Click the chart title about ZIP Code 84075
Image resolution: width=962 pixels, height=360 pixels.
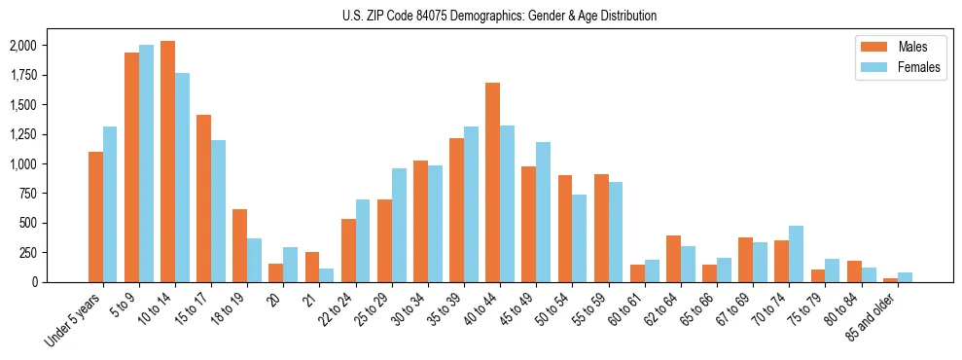pos(499,16)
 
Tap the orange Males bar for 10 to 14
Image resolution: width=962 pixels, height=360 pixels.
pos(167,162)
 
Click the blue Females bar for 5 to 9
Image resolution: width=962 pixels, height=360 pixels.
pos(146,163)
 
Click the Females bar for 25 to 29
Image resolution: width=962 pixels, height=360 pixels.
pos(399,226)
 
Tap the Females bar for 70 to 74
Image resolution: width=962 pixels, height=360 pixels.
pos(797,254)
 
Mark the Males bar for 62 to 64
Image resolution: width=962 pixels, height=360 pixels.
pos(673,259)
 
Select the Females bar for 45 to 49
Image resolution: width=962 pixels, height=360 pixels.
pos(544,212)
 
